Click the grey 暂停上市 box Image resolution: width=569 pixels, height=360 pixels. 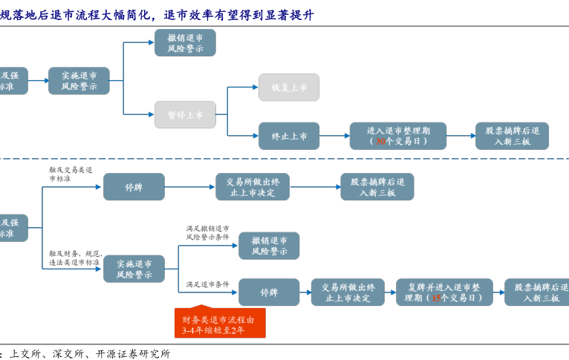click(185, 114)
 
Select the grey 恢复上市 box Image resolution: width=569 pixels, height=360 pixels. click(289, 88)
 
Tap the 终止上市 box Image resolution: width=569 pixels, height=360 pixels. click(289, 136)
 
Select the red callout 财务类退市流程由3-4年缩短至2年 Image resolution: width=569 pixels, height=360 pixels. click(220, 324)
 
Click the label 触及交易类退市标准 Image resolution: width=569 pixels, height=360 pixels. click(71, 174)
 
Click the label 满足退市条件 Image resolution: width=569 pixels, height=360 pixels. click(207, 284)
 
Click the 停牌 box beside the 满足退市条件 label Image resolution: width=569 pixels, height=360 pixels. click(269, 292)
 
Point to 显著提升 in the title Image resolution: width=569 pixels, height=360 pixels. click(282, 15)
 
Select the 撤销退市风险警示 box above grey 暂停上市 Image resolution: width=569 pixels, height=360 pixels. click(185, 42)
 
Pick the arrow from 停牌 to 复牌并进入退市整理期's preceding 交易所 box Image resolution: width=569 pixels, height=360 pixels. click(305, 292)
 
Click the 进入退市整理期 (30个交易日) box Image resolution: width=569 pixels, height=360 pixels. click(398, 136)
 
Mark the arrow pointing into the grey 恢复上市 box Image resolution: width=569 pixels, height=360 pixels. click(244, 88)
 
